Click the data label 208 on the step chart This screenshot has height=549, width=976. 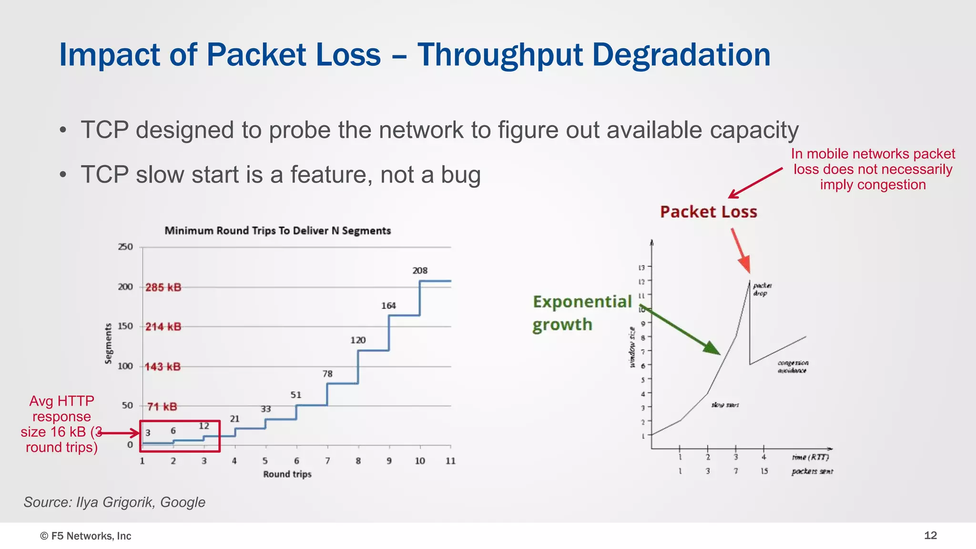coord(420,271)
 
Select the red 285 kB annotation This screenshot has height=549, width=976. coord(163,287)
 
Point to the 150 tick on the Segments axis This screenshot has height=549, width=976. coord(125,326)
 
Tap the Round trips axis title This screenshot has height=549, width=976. coord(287,474)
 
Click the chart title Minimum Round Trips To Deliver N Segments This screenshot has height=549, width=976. coord(277,231)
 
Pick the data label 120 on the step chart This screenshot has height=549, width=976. coord(358,340)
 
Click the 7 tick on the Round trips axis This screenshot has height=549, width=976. coord(327,461)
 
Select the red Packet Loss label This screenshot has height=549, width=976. coord(708,212)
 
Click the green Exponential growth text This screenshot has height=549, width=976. coord(581,313)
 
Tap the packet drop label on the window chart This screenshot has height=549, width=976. coord(762,289)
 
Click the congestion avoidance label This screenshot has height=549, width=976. coord(793,366)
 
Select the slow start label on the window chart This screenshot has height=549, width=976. coord(725,405)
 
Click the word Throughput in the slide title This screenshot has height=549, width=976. coord(500,55)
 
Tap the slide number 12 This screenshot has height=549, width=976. coord(930,536)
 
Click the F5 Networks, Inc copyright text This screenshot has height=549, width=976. coord(86,536)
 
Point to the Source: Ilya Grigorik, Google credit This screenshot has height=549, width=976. coord(114,502)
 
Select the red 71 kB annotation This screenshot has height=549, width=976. coord(162,407)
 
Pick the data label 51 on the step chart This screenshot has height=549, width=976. coord(296,395)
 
